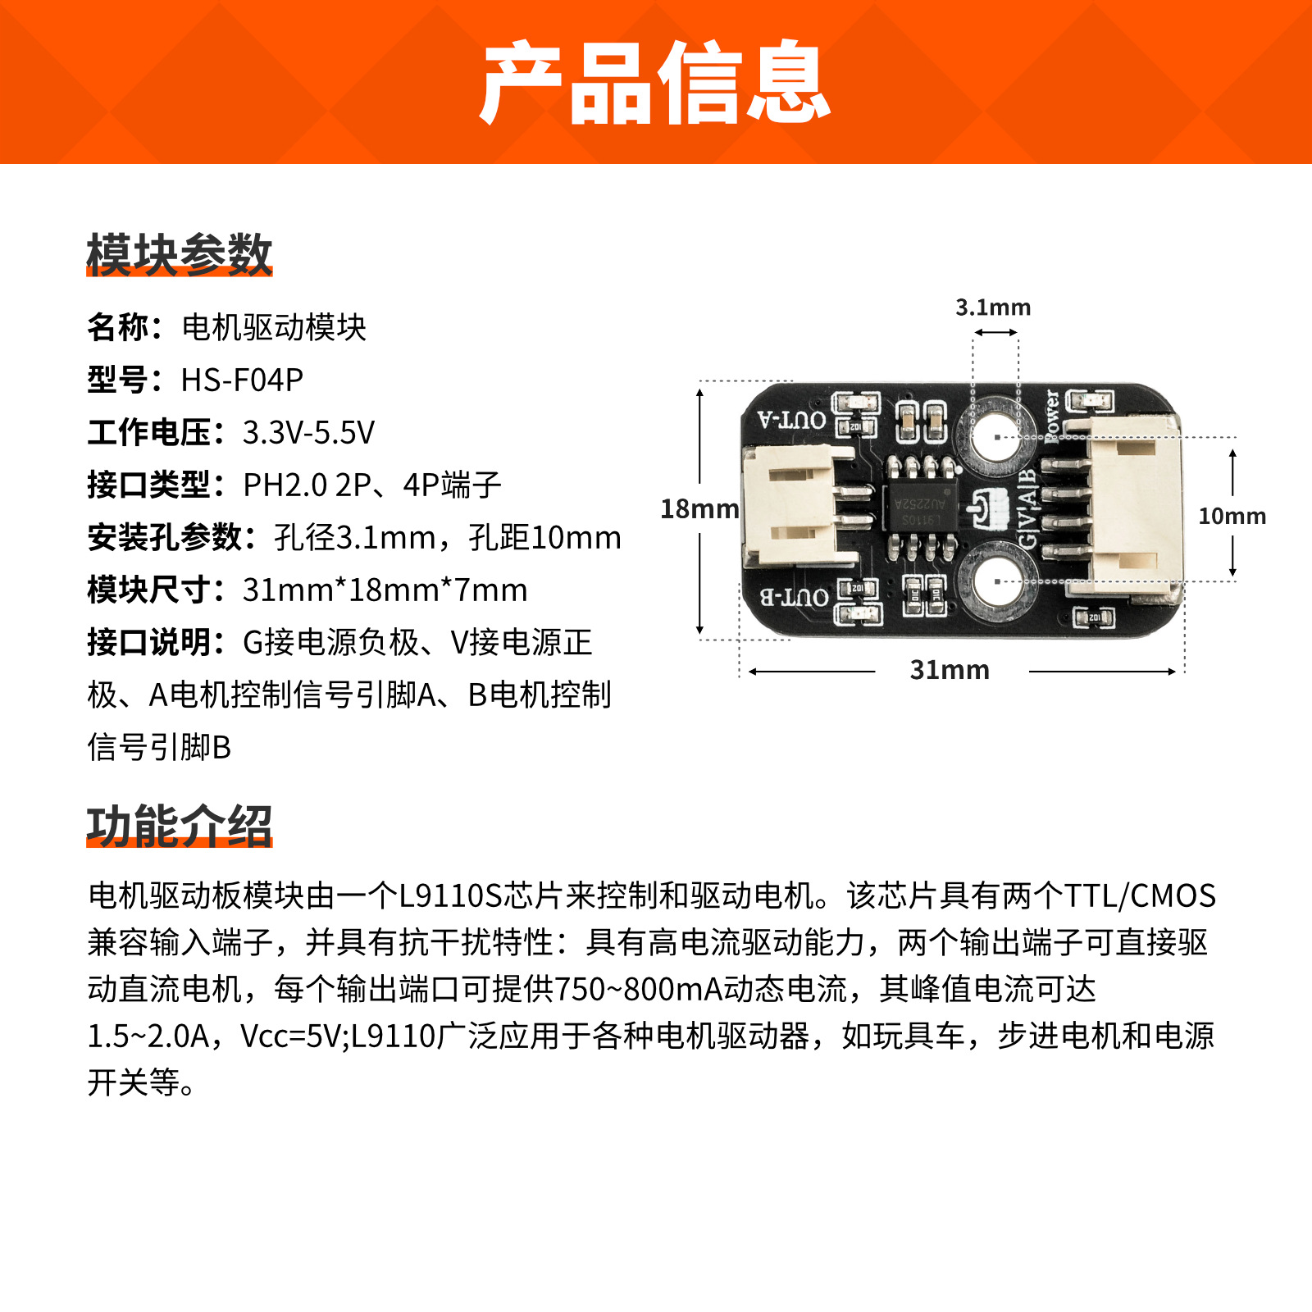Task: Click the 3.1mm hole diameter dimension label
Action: [x=993, y=307]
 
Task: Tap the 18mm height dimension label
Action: [x=699, y=509]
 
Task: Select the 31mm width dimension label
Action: [x=950, y=670]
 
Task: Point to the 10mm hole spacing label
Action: [x=1232, y=516]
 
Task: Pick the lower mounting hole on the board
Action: [x=996, y=581]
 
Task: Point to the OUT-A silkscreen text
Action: [x=791, y=421]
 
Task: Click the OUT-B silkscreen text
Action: [x=793, y=597]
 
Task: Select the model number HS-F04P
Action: [x=242, y=380]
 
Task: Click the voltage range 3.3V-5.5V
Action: [x=308, y=432]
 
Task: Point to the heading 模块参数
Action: [x=179, y=254]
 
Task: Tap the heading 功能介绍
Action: [x=179, y=825]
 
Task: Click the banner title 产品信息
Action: [x=656, y=82]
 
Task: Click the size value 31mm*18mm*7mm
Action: [x=385, y=590]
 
